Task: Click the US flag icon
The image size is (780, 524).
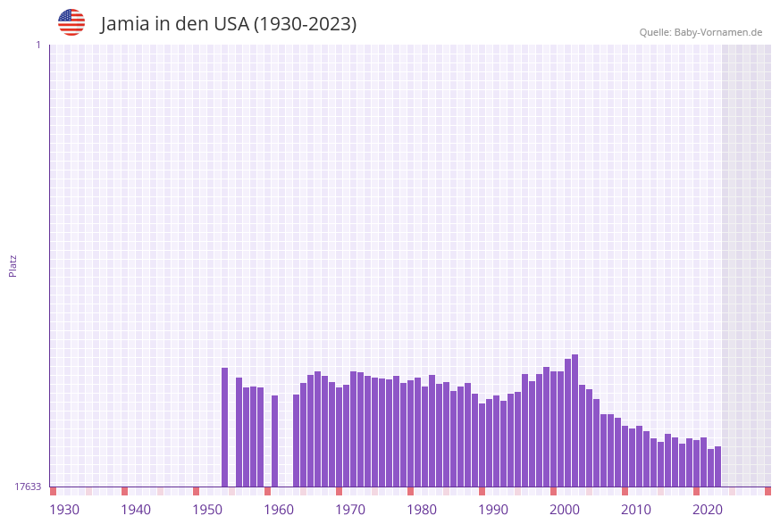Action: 71,22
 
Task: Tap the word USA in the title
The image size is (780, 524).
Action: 231,24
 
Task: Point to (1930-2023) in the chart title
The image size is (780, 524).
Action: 305,24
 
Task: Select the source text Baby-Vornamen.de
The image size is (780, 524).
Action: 717,32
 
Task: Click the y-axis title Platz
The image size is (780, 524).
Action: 13,265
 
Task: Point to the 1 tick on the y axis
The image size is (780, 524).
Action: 38,45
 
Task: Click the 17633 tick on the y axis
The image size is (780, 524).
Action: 28,487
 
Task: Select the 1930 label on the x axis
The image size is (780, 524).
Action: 64,510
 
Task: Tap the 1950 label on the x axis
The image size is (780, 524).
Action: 207,510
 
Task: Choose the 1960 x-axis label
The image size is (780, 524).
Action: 279,510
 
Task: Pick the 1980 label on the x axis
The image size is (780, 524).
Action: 422,510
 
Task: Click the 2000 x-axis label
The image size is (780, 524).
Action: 565,510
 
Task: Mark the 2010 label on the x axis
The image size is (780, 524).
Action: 636,510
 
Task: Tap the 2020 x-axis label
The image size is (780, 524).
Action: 708,510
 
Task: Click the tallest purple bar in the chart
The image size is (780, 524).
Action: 575,420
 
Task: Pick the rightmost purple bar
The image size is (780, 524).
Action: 717,466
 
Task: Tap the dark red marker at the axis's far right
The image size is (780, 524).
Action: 767,491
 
